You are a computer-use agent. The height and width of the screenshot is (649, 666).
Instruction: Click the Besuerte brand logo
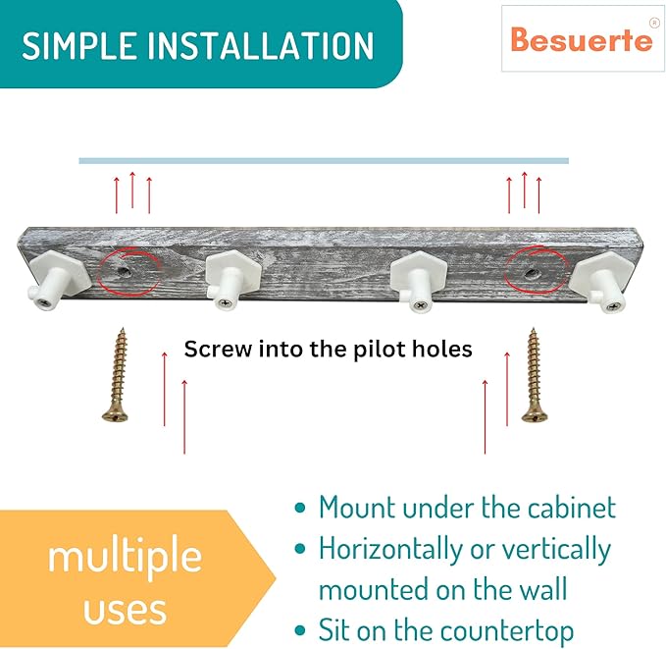coord(581,40)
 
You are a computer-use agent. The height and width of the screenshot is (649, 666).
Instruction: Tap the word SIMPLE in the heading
coord(78,45)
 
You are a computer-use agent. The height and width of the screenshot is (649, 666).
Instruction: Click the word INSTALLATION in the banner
coord(260,45)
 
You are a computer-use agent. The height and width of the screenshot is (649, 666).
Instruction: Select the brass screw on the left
coord(117,375)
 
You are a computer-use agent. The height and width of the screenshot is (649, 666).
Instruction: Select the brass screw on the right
coord(533,375)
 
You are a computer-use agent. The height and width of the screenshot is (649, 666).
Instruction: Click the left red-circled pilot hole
coord(124,270)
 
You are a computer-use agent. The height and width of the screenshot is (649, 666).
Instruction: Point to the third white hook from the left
coord(418,281)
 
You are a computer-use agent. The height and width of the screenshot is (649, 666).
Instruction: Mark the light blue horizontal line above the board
coord(324,161)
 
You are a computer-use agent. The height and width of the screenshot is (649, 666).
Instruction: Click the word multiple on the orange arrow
coord(125,557)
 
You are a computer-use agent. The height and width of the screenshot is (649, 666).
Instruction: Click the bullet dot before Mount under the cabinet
coord(300,508)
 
